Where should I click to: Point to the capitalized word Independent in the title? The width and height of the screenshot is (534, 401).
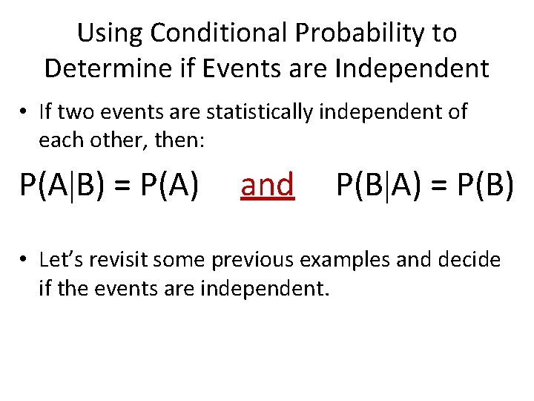pos(412,68)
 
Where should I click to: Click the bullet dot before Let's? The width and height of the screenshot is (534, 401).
pos(24,261)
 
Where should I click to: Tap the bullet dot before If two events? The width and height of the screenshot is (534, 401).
pos(24,113)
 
